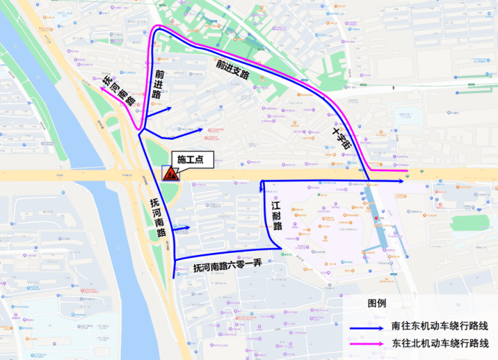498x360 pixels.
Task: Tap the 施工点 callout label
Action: point(188,160)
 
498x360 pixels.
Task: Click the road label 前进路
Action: point(159,83)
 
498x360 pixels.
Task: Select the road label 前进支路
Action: point(232,67)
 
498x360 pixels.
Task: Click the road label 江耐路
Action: point(276,215)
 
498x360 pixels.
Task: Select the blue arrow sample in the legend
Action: point(368,325)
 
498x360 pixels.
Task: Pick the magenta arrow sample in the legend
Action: point(368,343)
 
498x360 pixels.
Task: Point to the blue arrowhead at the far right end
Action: point(403,180)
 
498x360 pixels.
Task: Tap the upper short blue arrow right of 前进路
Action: point(166,110)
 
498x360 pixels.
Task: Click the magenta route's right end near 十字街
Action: point(407,170)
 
